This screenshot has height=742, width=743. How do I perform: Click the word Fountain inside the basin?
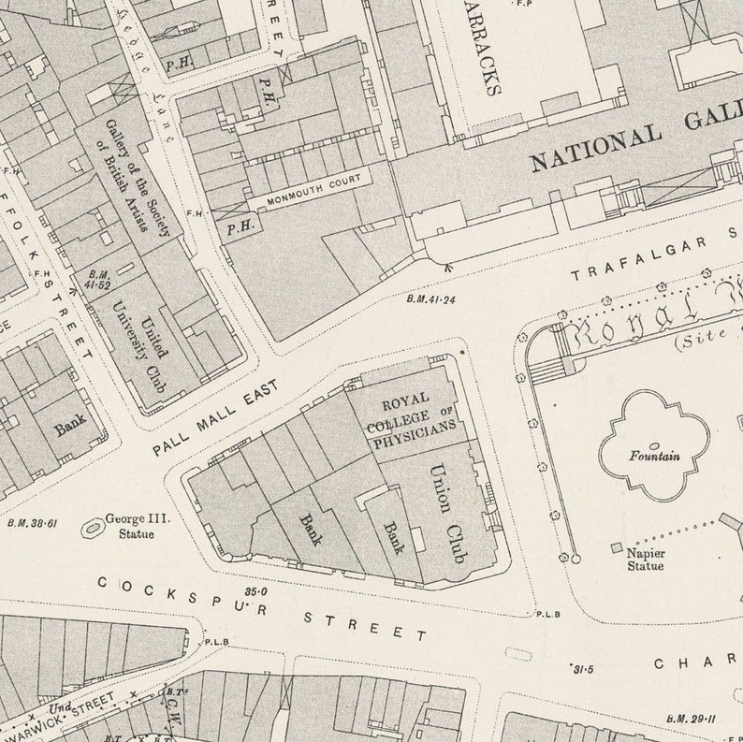[654, 457]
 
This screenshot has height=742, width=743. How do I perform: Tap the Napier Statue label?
[645, 559]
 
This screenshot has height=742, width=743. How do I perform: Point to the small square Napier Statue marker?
[615, 546]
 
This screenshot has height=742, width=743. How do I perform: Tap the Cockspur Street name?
[261, 608]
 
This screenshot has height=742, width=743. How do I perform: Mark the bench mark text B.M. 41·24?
[430, 300]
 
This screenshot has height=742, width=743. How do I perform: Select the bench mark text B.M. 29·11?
[690, 718]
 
